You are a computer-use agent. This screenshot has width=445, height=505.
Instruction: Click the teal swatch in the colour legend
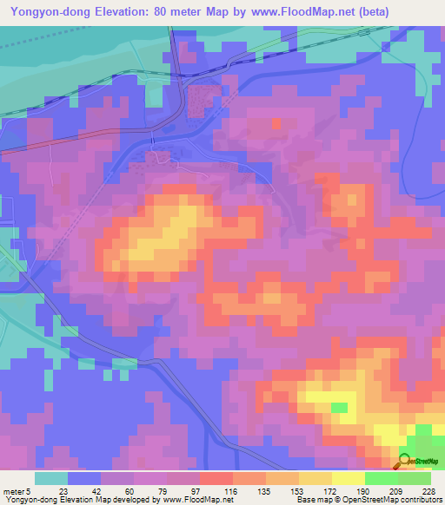pos(51,478)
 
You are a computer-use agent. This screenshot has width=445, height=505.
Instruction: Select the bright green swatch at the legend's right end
pos(415,478)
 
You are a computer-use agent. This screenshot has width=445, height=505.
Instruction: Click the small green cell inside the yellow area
pos(340,406)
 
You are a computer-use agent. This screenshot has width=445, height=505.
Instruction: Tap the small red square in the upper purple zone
pos(277,123)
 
